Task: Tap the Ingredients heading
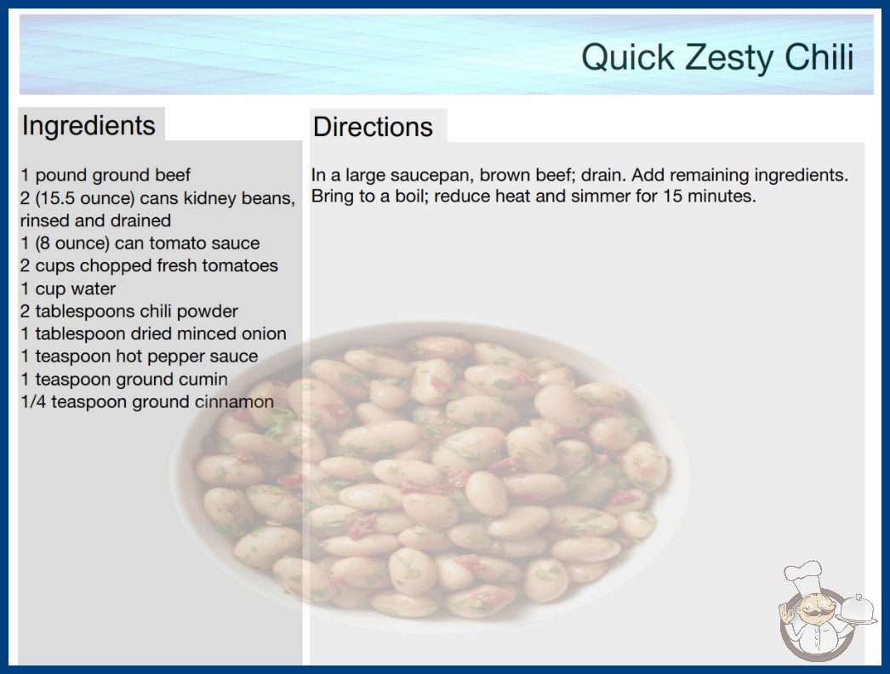pyautogui.click(x=88, y=126)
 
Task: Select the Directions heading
pyautogui.click(x=373, y=127)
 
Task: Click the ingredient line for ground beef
pyautogui.click(x=106, y=175)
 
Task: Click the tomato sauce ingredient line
pyautogui.click(x=140, y=243)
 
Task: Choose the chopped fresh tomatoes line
pyautogui.click(x=149, y=266)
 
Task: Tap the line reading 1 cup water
pyautogui.click(x=68, y=288)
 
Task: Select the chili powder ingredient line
pyautogui.click(x=129, y=311)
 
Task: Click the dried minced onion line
pyautogui.click(x=153, y=334)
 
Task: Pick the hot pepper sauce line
pyautogui.click(x=140, y=356)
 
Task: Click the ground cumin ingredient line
pyautogui.click(x=124, y=379)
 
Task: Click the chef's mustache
pyautogui.click(x=816, y=613)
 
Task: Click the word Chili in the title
pyautogui.click(x=819, y=57)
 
